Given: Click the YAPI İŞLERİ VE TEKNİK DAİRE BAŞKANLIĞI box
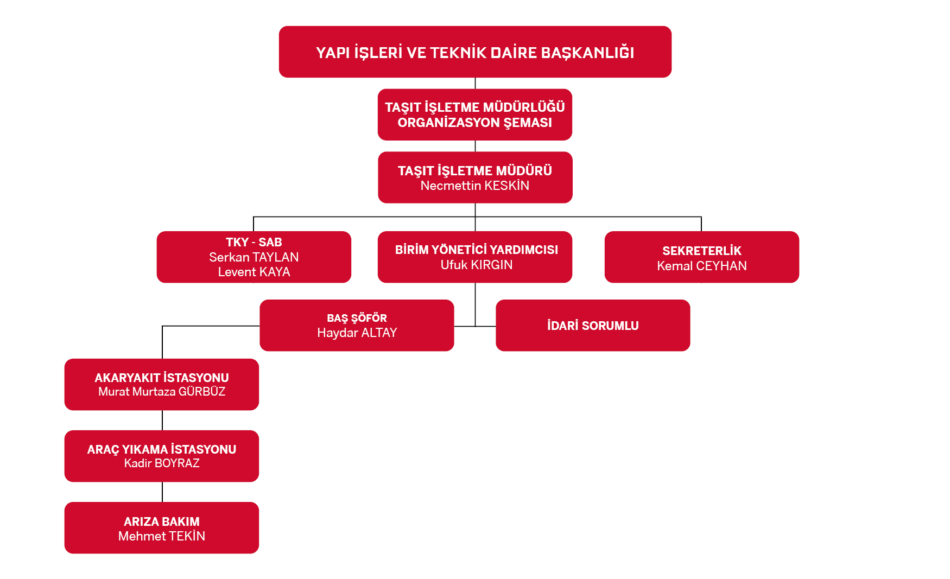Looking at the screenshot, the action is (x=475, y=52).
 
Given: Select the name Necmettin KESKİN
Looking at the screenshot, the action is (x=475, y=186).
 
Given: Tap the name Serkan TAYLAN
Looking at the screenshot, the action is (x=254, y=257).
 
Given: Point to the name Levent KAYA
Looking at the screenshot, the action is (x=254, y=272).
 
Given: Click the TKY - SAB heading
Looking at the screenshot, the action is (x=254, y=242).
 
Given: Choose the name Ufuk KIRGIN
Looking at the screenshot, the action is (x=477, y=265).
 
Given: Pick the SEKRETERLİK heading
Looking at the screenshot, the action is (x=702, y=251).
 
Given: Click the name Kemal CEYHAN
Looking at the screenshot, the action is (x=702, y=266).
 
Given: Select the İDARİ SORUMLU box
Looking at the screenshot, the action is (x=593, y=326).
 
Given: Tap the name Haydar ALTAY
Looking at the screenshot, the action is (x=357, y=333).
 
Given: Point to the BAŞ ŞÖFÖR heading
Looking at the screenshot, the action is (x=357, y=318).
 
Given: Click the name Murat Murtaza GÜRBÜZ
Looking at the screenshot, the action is (x=162, y=392).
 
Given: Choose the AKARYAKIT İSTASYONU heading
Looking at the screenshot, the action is (x=162, y=378).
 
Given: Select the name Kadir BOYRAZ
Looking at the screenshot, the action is (x=162, y=463).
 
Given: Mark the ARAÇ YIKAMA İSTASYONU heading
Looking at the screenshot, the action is (x=162, y=449).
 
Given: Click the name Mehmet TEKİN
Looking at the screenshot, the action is (x=162, y=536).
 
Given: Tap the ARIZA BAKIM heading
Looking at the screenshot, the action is (x=162, y=521).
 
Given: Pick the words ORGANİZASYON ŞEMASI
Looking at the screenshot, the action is (x=475, y=123).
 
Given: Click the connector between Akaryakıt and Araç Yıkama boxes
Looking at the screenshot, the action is (x=162, y=421).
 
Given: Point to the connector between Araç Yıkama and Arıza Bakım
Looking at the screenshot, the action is (x=162, y=492).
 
